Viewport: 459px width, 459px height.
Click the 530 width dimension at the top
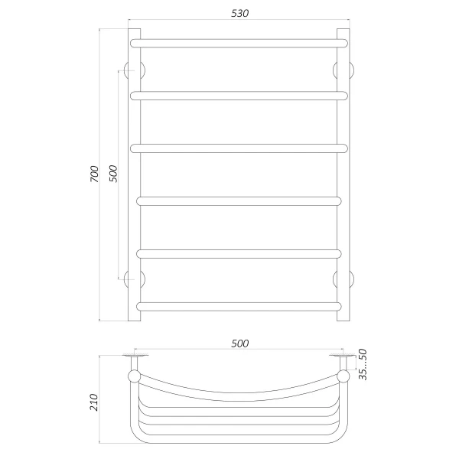click(239, 13)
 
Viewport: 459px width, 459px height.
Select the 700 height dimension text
click(94, 174)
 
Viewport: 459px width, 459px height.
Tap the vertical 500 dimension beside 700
click(113, 174)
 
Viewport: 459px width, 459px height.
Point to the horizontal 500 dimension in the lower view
click(239, 343)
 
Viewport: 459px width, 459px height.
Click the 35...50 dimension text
click(364, 365)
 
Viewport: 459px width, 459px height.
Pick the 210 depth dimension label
click(94, 401)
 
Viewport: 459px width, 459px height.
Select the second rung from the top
click(239, 95)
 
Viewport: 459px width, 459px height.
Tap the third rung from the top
click(239, 148)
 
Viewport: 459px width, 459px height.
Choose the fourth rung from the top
click(239, 201)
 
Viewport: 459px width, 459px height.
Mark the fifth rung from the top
click(239, 254)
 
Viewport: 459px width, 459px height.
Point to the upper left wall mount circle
click(135, 70)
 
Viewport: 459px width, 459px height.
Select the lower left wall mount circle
click(135, 278)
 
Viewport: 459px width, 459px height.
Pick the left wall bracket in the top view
click(135, 360)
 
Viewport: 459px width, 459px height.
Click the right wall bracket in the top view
click(341, 360)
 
